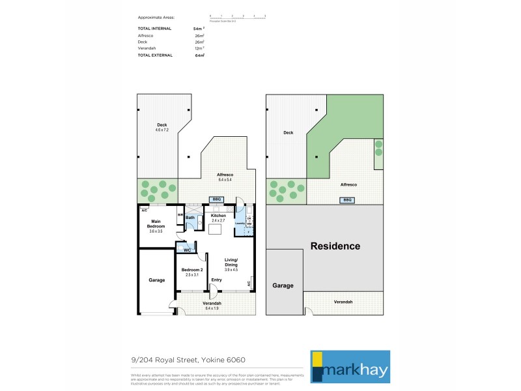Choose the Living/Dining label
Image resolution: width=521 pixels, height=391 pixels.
(232, 263)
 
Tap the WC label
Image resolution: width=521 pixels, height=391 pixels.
(186, 250)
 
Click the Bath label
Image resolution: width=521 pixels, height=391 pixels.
(190, 218)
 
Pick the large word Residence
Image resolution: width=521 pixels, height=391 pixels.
(335, 246)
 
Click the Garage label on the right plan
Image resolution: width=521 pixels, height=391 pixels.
(283, 285)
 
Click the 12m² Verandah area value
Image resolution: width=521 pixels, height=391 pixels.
(199, 48)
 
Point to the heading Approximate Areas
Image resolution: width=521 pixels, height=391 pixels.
(156, 17)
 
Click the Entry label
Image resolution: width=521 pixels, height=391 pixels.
(216, 280)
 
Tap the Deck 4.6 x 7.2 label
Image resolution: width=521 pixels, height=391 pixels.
(162, 128)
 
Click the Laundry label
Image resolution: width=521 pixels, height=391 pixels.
(240, 224)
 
